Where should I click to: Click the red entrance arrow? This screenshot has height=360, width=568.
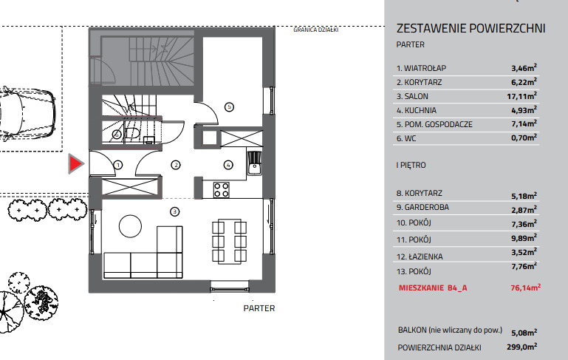[75, 163]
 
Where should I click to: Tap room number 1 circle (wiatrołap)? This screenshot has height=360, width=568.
[118, 165]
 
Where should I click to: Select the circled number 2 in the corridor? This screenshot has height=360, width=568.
[176, 165]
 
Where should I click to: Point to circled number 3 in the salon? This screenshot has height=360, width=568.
[174, 211]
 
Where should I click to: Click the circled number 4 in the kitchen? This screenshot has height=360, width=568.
[228, 165]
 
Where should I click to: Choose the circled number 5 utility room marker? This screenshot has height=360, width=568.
[229, 107]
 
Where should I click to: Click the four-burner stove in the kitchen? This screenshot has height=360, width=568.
[222, 189]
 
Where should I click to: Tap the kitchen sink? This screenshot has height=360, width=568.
[255, 163]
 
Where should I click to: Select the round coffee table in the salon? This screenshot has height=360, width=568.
[130, 226]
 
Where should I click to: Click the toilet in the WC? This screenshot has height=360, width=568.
[132, 133]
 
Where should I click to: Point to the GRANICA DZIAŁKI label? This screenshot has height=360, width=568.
[316, 30]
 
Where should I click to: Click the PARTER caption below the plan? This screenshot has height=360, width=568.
[259, 308]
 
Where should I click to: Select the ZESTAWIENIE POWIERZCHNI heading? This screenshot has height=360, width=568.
[471, 28]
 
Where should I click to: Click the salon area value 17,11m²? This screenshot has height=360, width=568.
[521, 96]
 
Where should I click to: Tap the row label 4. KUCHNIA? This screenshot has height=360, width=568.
[417, 110]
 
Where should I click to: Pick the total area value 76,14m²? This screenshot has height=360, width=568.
[526, 288]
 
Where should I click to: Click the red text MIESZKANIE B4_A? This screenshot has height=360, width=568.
[433, 288]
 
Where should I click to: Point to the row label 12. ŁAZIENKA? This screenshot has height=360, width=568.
[420, 257]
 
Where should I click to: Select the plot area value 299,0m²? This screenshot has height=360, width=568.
[521, 347]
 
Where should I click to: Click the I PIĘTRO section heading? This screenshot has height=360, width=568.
[411, 165]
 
